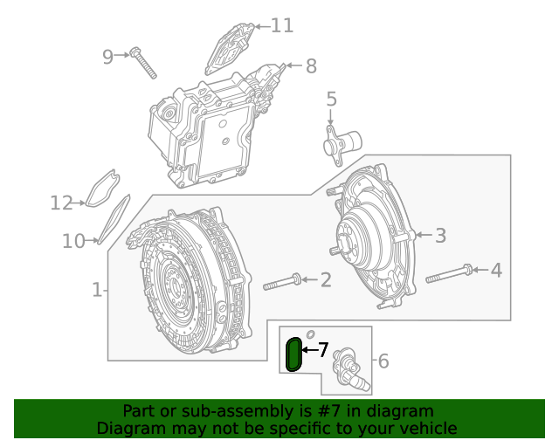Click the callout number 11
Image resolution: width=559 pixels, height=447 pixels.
[282, 25]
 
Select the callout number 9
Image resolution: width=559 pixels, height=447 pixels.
[108, 57]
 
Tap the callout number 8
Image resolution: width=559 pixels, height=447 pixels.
[311, 65]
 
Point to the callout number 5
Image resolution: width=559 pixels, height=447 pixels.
[331, 100]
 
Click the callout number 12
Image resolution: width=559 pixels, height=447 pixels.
[61, 203]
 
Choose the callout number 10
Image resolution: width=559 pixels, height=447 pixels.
[73, 240]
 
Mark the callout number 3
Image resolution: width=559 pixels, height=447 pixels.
[440, 235]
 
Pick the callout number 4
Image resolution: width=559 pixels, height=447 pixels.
[496, 271]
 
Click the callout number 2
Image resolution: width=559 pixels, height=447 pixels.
[325, 279]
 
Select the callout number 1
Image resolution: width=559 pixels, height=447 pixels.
[97, 289]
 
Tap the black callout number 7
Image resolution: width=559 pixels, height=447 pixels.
[322, 350]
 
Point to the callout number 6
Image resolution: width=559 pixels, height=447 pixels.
[383, 361]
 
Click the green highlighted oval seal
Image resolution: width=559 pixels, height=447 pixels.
[294, 354]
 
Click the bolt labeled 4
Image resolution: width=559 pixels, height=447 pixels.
[450, 274]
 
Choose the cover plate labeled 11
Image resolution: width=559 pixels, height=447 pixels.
[231, 47]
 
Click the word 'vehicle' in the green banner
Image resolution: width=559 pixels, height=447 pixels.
[426, 428]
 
